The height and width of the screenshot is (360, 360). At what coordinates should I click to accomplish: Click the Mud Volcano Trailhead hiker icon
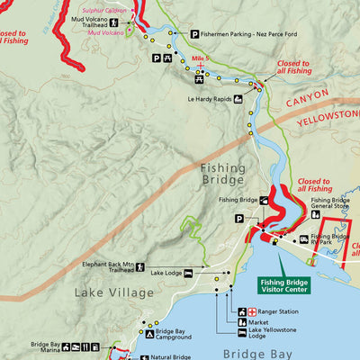pyautogui.click(x=113, y=22)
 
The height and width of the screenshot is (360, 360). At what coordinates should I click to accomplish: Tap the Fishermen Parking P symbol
pyautogui.click(x=193, y=34)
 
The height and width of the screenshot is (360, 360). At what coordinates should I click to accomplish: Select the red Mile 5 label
pyautogui.click(x=200, y=58)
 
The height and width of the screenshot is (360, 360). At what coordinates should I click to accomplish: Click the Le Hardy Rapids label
pyautogui.click(x=210, y=100)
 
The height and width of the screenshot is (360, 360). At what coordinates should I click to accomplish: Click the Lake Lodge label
pyautogui.click(x=166, y=272)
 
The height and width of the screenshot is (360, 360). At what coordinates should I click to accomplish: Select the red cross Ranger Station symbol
pyautogui.click(x=241, y=311)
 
